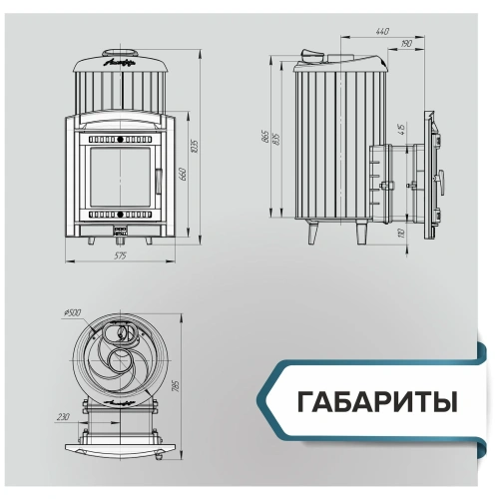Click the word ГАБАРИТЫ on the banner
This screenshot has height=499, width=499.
point(376,402)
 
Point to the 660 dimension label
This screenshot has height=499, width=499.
point(183,175)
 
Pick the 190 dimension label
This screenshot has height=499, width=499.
point(406,45)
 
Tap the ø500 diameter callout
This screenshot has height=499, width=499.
point(73,312)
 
